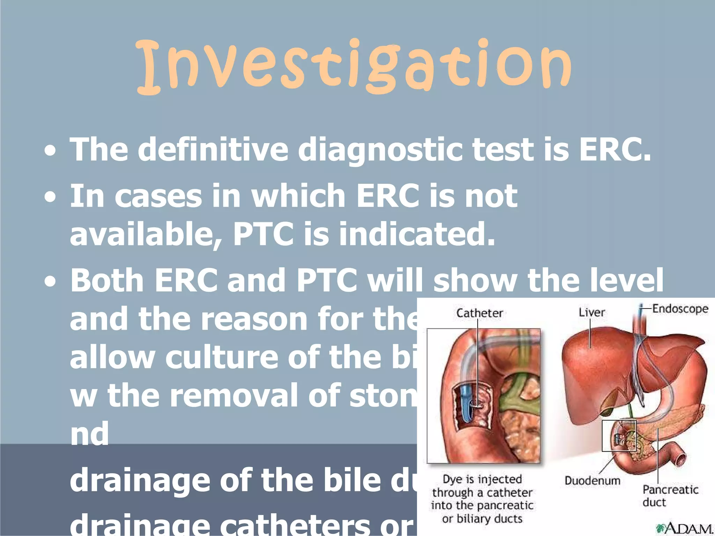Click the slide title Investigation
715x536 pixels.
(x=353, y=66)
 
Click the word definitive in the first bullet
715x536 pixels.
(x=213, y=149)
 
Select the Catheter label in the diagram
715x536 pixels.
(x=480, y=313)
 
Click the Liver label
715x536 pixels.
(x=592, y=312)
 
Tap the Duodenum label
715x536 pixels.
(x=592, y=481)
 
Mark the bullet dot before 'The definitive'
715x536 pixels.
(x=50, y=151)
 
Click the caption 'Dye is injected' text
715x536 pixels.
(x=482, y=479)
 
